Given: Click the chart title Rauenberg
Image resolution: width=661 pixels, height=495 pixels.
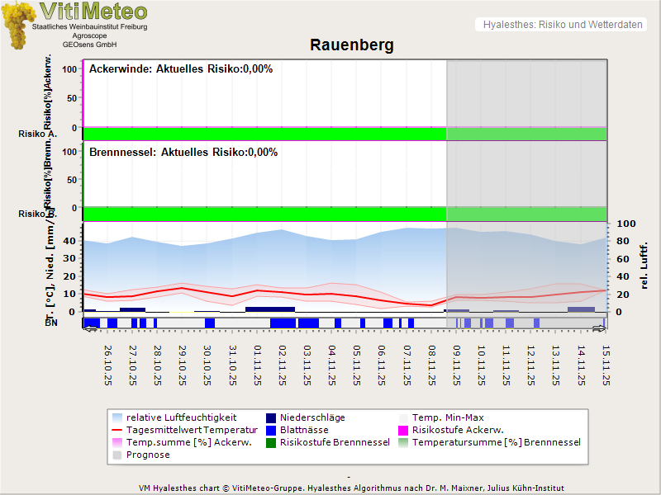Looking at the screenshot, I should pos(351,45).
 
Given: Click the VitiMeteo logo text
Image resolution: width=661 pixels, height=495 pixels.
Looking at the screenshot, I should pos(93,12).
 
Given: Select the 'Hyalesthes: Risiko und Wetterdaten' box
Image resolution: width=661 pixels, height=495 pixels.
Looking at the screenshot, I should pos(562,25).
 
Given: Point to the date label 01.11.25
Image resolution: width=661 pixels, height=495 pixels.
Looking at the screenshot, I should pos(258,365).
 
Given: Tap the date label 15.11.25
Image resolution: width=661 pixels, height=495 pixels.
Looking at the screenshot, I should pos(606,365).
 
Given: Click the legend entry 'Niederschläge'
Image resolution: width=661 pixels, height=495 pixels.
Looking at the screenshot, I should pos(312,417).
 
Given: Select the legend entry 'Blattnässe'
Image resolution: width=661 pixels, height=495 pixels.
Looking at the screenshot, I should pos(304,430).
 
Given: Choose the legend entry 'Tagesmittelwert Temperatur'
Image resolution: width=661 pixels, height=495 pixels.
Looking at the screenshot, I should pos(184,430).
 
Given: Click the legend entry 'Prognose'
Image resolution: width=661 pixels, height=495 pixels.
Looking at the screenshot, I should pos(148,455).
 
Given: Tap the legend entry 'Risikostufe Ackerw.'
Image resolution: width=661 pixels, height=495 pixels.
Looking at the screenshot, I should pos(457,430).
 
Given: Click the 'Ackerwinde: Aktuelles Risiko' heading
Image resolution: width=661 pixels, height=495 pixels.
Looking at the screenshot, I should pos(181,69).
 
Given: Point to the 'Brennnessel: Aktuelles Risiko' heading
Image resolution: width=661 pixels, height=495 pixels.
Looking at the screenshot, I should pos(183,153).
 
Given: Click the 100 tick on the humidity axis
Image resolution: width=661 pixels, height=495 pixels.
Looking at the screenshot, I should pos(624,224).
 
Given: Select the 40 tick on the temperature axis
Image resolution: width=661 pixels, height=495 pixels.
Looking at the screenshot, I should pos(69,241).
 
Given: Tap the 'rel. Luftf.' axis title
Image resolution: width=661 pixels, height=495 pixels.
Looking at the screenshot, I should pos(644,267).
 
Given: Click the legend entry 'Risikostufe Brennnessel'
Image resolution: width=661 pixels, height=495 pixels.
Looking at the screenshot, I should pos(335,442).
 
